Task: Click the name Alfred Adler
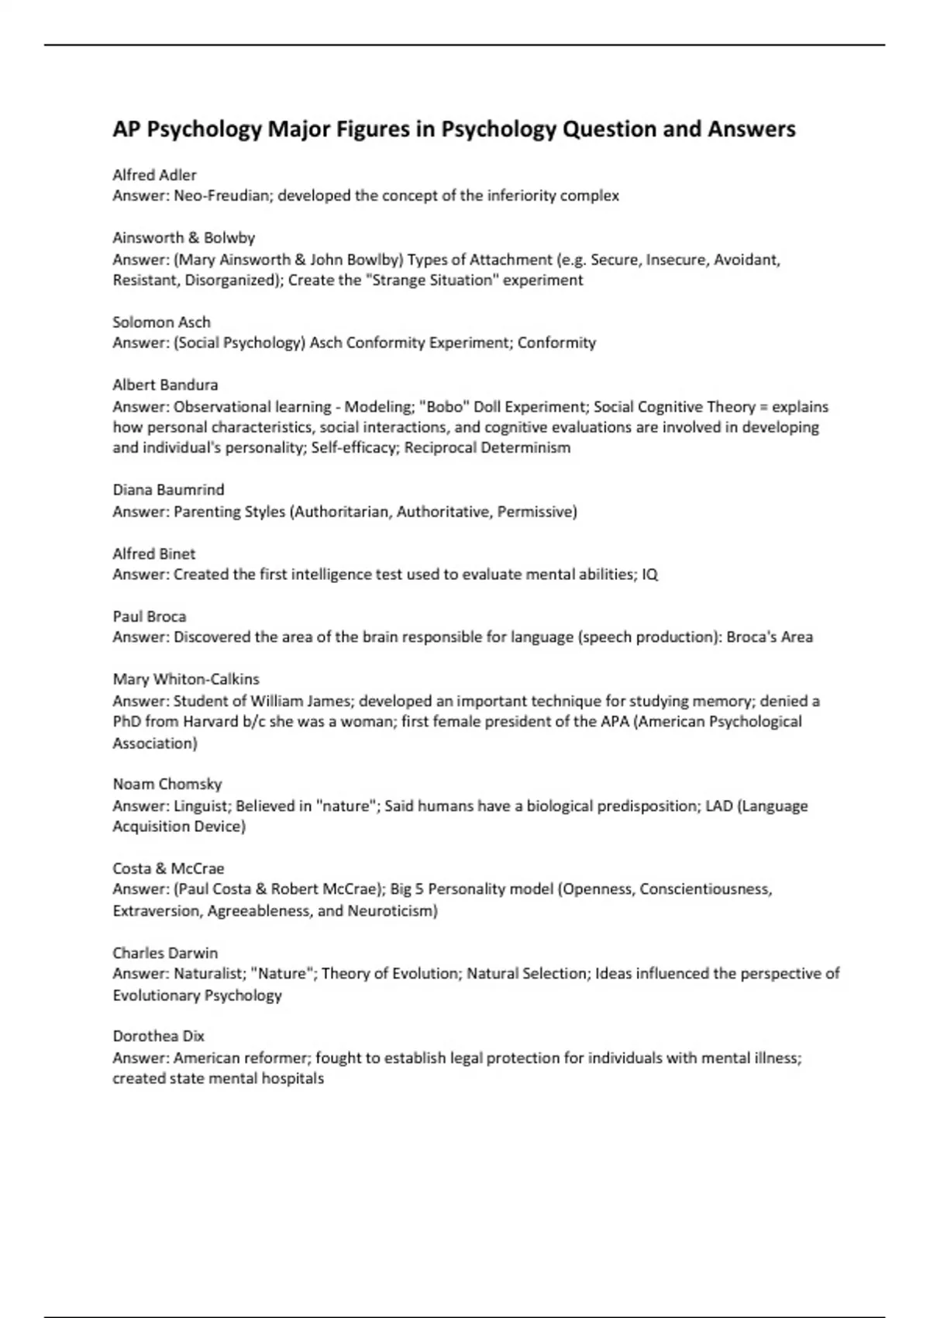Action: [x=154, y=174]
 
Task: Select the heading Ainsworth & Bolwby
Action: [x=183, y=237]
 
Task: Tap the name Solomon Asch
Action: [x=161, y=322]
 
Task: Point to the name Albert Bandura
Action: [x=165, y=385]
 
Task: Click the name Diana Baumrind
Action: [x=168, y=490]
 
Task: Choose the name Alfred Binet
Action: [x=153, y=554]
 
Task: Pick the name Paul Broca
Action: [x=149, y=616]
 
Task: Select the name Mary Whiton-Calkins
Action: [x=186, y=679]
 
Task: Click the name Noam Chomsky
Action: [x=167, y=784]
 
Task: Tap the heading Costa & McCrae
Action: [x=168, y=868]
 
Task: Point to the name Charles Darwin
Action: [x=165, y=953]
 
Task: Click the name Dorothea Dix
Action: [x=158, y=1036]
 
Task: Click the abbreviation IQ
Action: [x=649, y=574]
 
